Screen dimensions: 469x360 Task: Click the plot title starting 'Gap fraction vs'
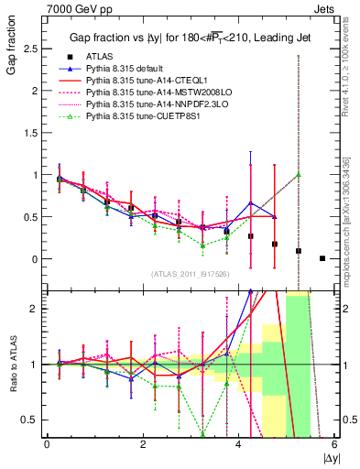(x=185, y=38)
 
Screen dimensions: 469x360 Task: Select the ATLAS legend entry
(x=101, y=57)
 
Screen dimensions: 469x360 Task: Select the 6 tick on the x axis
(x=334, y=444)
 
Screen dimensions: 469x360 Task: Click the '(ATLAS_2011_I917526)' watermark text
(x=189, y=273)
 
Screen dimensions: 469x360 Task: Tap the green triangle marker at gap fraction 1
(x=299, y=174)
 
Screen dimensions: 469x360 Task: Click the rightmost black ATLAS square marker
(x=322, y=258)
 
